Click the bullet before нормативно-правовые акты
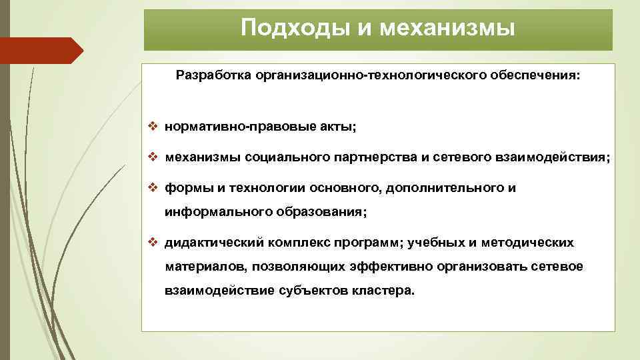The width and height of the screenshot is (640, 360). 153,125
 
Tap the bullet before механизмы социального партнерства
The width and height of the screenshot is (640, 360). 153,157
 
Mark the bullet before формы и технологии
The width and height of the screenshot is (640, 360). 153,188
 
